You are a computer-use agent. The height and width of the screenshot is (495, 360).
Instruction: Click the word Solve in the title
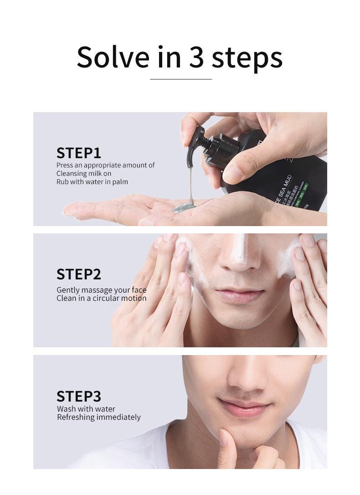[113, 57]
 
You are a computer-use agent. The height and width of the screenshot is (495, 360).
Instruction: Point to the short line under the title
[181, 79]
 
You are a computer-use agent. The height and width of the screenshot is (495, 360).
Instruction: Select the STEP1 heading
[79, 153]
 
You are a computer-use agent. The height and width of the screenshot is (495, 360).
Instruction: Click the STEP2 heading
[79, 274]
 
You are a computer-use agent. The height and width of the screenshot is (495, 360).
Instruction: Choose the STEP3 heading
[79, 396]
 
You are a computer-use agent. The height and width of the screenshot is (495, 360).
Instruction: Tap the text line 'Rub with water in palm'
[92, 182]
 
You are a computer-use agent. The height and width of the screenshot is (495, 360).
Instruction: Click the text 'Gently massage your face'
[102, 290]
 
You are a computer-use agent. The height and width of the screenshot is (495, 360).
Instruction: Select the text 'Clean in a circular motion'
[102, 298]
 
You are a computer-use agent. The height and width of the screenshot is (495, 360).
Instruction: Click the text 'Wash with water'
[86, 409]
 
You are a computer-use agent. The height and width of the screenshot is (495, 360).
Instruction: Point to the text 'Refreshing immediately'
[99, 417]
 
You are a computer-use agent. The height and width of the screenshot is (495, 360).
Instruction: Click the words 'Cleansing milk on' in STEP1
[84, 174]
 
